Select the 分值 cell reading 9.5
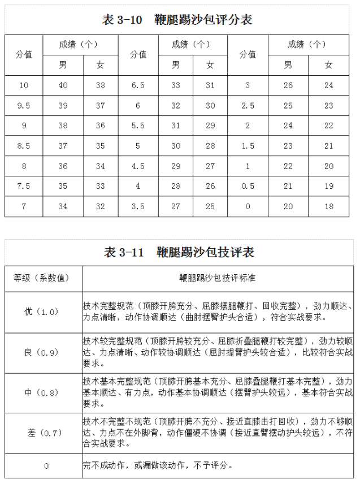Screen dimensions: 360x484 coord(24,106)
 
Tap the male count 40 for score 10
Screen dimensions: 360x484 coord(63,85)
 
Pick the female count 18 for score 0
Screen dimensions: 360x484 coord(329,206)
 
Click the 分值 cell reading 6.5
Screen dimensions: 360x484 coord(138,85)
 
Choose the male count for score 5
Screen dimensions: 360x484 coord(176,146)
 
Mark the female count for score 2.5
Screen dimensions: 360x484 coord(329,106)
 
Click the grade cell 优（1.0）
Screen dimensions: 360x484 coord(42,312)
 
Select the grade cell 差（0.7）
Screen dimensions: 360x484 coord(42,433)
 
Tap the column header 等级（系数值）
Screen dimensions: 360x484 coord(42,278)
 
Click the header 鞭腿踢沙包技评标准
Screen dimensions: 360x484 coord(218,278)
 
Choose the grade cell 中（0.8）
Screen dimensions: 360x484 coord(42,392)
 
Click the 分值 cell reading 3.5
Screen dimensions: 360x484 coord(138,206)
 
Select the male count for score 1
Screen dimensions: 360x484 coord(288,166)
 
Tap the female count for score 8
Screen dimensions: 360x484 coord(101,166)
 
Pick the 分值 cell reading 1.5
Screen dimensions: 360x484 coord(248,146)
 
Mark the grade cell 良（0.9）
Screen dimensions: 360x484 coord(42,352)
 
